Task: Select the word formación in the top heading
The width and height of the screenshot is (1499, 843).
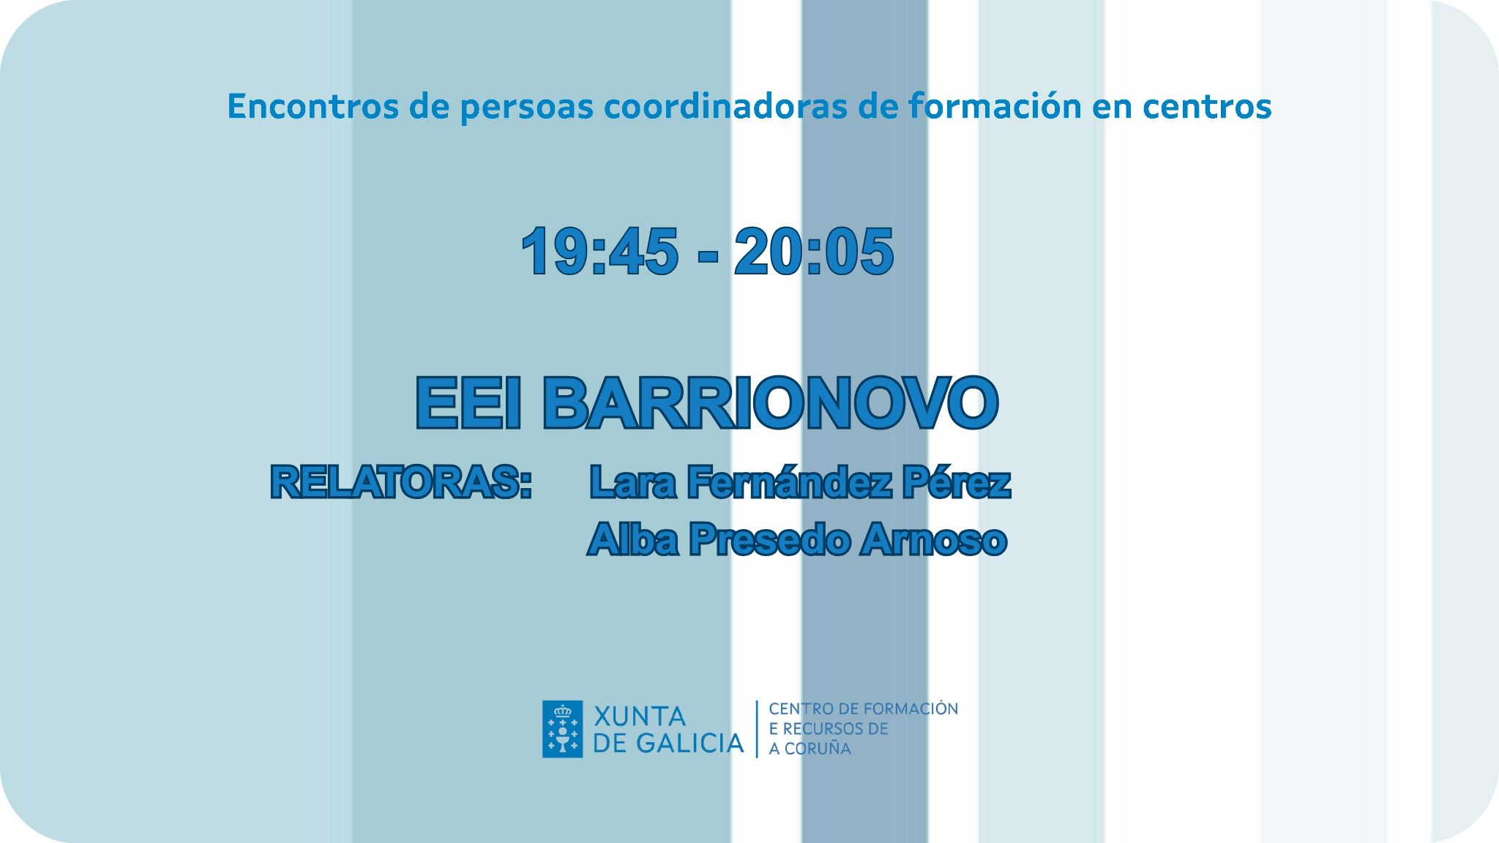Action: tap(995, 106)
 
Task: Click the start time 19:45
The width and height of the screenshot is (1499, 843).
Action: tap(600, 251)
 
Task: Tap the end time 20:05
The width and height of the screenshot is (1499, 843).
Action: tap(814, 251)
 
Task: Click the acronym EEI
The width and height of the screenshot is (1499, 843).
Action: tap(469, 402)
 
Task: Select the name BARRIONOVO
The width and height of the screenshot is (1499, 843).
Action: tap(771, 402)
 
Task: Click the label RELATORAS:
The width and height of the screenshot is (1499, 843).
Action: tap(401, 482)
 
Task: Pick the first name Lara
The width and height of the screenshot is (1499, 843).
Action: tap(633, 482)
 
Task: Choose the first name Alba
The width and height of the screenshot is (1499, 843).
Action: tap(632, 540)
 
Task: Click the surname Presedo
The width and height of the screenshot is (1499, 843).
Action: tap(769, 540)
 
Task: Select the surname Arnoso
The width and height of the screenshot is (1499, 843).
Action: tap(934, 540)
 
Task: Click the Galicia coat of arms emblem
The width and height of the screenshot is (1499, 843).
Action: tap(562, 729)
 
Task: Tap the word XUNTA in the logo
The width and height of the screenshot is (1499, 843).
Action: tap(639, 716)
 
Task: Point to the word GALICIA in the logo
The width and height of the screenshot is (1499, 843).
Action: tap(689, 743)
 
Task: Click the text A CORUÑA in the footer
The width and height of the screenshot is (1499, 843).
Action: tap(810, 749)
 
